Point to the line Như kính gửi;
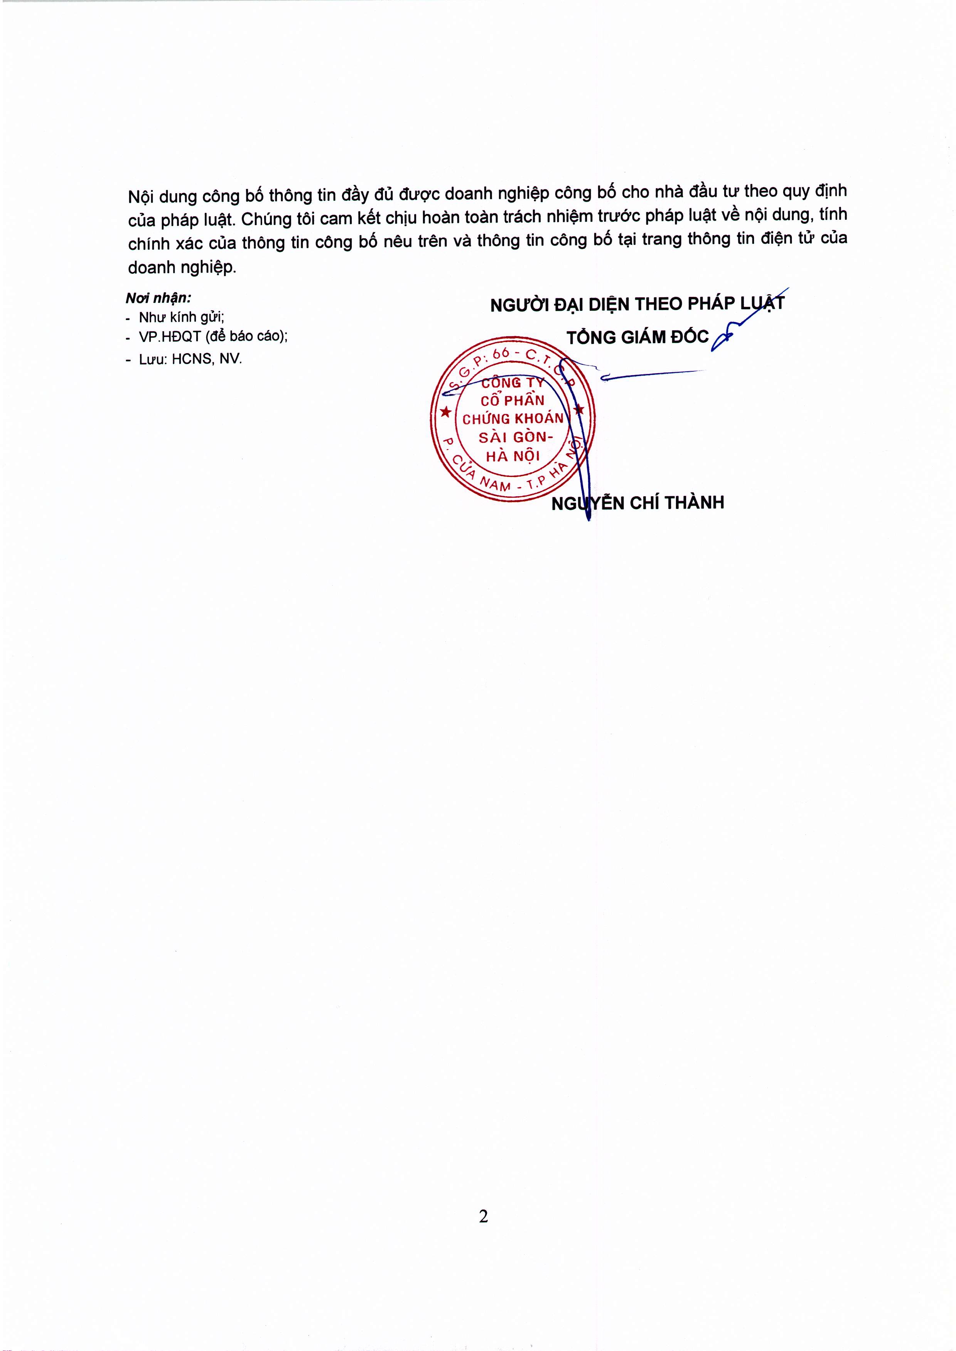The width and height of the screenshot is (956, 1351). pyautogui.click(x=181, y=317)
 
